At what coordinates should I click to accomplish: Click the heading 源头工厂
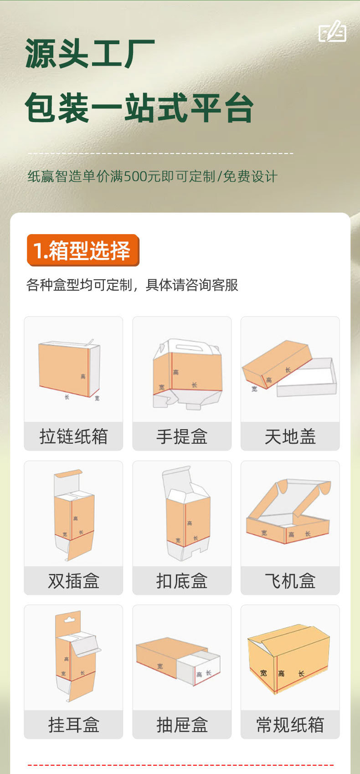click(90, 54)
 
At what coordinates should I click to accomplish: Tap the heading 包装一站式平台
click(139, 108)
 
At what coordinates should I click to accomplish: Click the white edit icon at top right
click(332, 31)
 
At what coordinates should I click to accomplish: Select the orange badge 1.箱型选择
click(82, 251)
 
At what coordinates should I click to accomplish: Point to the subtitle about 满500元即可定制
click(152, 176)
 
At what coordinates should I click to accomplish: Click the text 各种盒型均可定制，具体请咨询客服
click(132, 285)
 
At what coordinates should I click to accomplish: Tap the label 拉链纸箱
click(73, 436)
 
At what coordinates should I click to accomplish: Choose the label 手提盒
click(182, 436)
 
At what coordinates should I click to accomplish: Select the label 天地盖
click(290, 436)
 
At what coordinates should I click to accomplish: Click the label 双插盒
click(73, 581)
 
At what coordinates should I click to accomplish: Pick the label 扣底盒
click(182, 581)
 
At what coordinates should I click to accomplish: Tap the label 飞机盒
click(290, 581)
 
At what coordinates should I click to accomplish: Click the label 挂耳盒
click(73, 725)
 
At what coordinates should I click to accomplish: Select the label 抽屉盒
click(182, 725)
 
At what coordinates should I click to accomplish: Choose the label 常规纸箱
click(290, 725)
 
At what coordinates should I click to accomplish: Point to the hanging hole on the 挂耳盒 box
click(69, 620)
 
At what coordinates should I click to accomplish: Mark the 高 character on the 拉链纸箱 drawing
click(83, 376)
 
